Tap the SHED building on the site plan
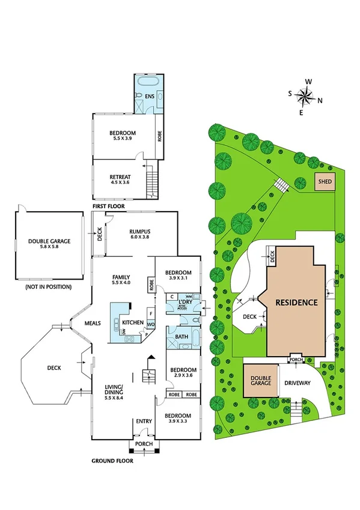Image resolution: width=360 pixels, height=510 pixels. (x=325, y=180)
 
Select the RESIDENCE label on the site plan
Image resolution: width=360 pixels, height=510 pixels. (x=296, y=303)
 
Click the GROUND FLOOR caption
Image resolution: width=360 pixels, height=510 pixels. (x=112, y=461)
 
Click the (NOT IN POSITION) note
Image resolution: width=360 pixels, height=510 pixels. (x=49, y=287)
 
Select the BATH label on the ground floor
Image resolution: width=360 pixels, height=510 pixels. (x=182, y=337)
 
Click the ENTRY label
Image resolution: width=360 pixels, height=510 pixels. (x=144, y=421)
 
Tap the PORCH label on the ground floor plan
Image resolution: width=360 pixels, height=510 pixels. (x=144, y=444)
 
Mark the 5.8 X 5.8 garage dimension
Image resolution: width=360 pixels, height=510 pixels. (x=49, y=248)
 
